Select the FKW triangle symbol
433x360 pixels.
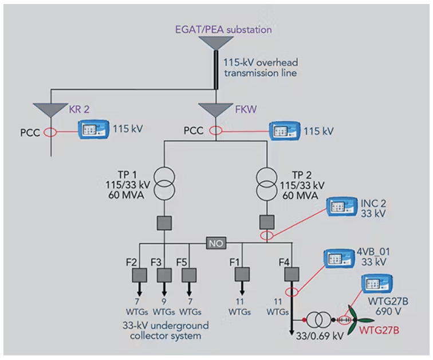[215, 109]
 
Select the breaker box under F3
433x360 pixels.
[164, 275]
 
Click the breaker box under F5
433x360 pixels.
[188, 275]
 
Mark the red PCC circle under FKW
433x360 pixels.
[215, 131]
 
